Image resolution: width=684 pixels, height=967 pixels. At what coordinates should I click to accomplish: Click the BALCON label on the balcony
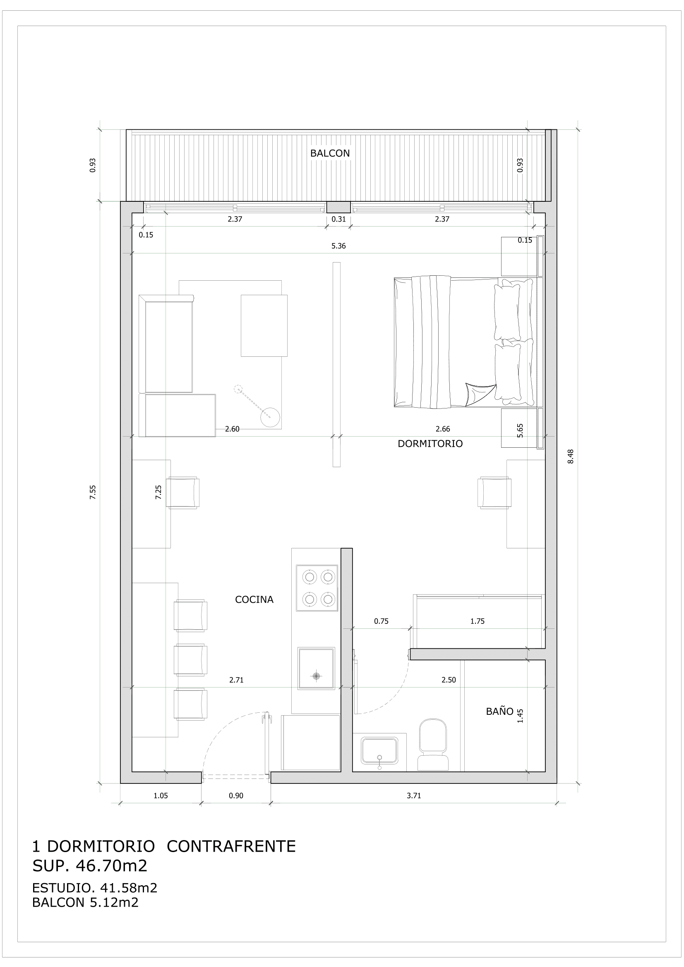pos(329,153)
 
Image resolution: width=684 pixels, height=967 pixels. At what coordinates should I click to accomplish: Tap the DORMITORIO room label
pos(430,444)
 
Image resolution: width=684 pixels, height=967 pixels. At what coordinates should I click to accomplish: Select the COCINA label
pos(254,599)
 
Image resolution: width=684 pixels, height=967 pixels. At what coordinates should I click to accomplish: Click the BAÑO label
pos(499,712)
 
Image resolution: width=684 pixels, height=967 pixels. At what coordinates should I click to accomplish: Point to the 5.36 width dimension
pos(338,246)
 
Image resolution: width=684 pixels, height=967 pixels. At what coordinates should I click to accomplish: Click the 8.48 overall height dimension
pos(571,456)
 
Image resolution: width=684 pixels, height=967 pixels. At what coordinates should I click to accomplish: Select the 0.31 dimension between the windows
pos(338,219)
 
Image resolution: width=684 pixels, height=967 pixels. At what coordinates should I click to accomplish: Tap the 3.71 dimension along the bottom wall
pos(413,795)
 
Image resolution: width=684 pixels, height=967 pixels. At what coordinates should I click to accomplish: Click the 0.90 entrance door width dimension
pos(236,795)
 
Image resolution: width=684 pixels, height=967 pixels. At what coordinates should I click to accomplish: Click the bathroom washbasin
pos(379,750)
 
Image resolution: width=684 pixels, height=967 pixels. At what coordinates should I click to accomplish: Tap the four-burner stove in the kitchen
pos(317,587)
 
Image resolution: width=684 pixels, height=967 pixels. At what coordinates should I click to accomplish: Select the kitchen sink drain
pos(316,676)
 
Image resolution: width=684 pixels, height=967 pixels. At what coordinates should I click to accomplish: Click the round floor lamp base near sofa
pos(270,418)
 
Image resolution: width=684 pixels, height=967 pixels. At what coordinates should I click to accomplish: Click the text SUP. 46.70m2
pos(90,865)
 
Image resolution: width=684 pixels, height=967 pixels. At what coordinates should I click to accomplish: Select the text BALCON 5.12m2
pos(85,902)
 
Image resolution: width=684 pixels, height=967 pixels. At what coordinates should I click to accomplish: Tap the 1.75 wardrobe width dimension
pos(477,621)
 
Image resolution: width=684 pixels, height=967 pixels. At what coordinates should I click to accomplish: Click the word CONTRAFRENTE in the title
pos(231,846)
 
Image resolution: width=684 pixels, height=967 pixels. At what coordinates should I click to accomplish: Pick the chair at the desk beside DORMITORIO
pos(494,492)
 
